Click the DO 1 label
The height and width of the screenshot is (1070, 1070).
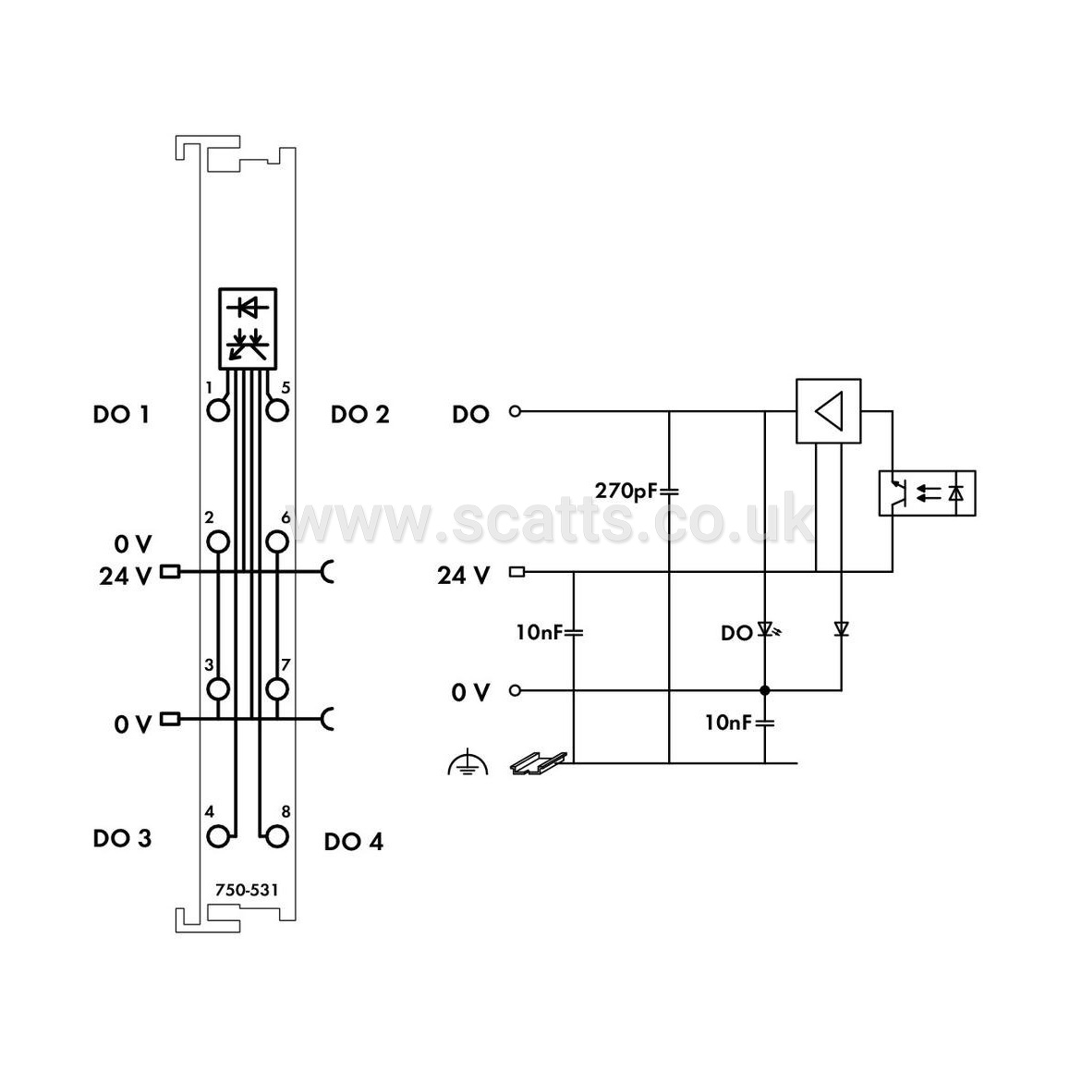tap(121, 414)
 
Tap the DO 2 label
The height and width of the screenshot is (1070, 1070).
tap(359, 414)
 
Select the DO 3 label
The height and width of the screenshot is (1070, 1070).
tap(122, 838)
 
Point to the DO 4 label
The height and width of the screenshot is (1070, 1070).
tap(354, 842)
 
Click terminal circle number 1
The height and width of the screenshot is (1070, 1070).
tap(218, 410)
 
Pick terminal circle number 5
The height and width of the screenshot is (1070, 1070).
tap(277, 410)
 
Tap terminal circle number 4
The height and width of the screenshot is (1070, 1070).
tap(218, 836)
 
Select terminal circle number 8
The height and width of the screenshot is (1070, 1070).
tap(277, 836)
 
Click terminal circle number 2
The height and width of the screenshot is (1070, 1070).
tap(218, 541)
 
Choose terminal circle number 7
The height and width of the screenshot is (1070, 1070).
tap(277, 689)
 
